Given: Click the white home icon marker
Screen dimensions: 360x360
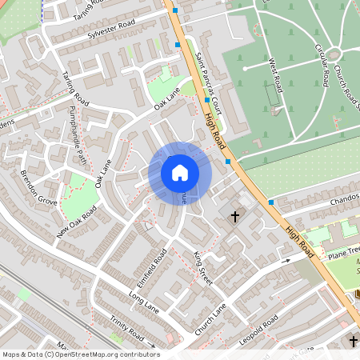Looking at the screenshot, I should click(180, 173).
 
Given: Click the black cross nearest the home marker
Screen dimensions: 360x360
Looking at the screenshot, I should click(235, 216).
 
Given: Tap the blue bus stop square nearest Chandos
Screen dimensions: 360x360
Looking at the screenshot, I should click(271, 202).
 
